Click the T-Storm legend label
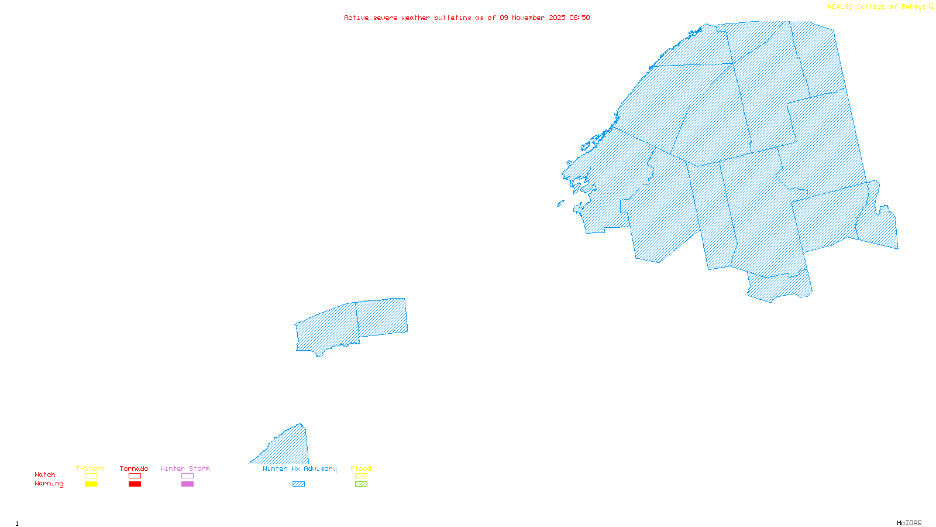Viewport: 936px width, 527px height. [x=90, y=468]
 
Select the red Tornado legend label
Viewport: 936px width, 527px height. [x=134, y=468]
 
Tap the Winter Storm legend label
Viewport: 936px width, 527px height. [x=185, y=468]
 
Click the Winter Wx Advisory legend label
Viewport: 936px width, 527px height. [x=300, y=468]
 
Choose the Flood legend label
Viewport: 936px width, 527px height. [x=361, y=468]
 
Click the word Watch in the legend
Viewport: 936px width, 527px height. [x=45, y=474]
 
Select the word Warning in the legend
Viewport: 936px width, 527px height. [x=49, y=484]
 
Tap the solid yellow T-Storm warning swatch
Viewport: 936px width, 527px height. [x=91, y=484]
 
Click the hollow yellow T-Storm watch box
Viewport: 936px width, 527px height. [x=91, y=476]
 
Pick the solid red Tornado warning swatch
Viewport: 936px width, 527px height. [x=135, y=484]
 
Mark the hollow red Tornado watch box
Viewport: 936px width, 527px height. [x=135, y=476]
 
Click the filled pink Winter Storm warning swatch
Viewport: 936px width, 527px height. [x=187, y=484]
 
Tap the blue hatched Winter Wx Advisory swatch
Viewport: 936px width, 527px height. [x=298, y=484]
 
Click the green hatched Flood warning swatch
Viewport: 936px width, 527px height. [x=362, y=484]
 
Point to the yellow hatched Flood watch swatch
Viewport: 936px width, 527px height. [x=362, y=476]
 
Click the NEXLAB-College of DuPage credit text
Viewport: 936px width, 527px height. [x=877, y=7]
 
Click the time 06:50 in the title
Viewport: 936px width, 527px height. [x=579, y=18]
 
